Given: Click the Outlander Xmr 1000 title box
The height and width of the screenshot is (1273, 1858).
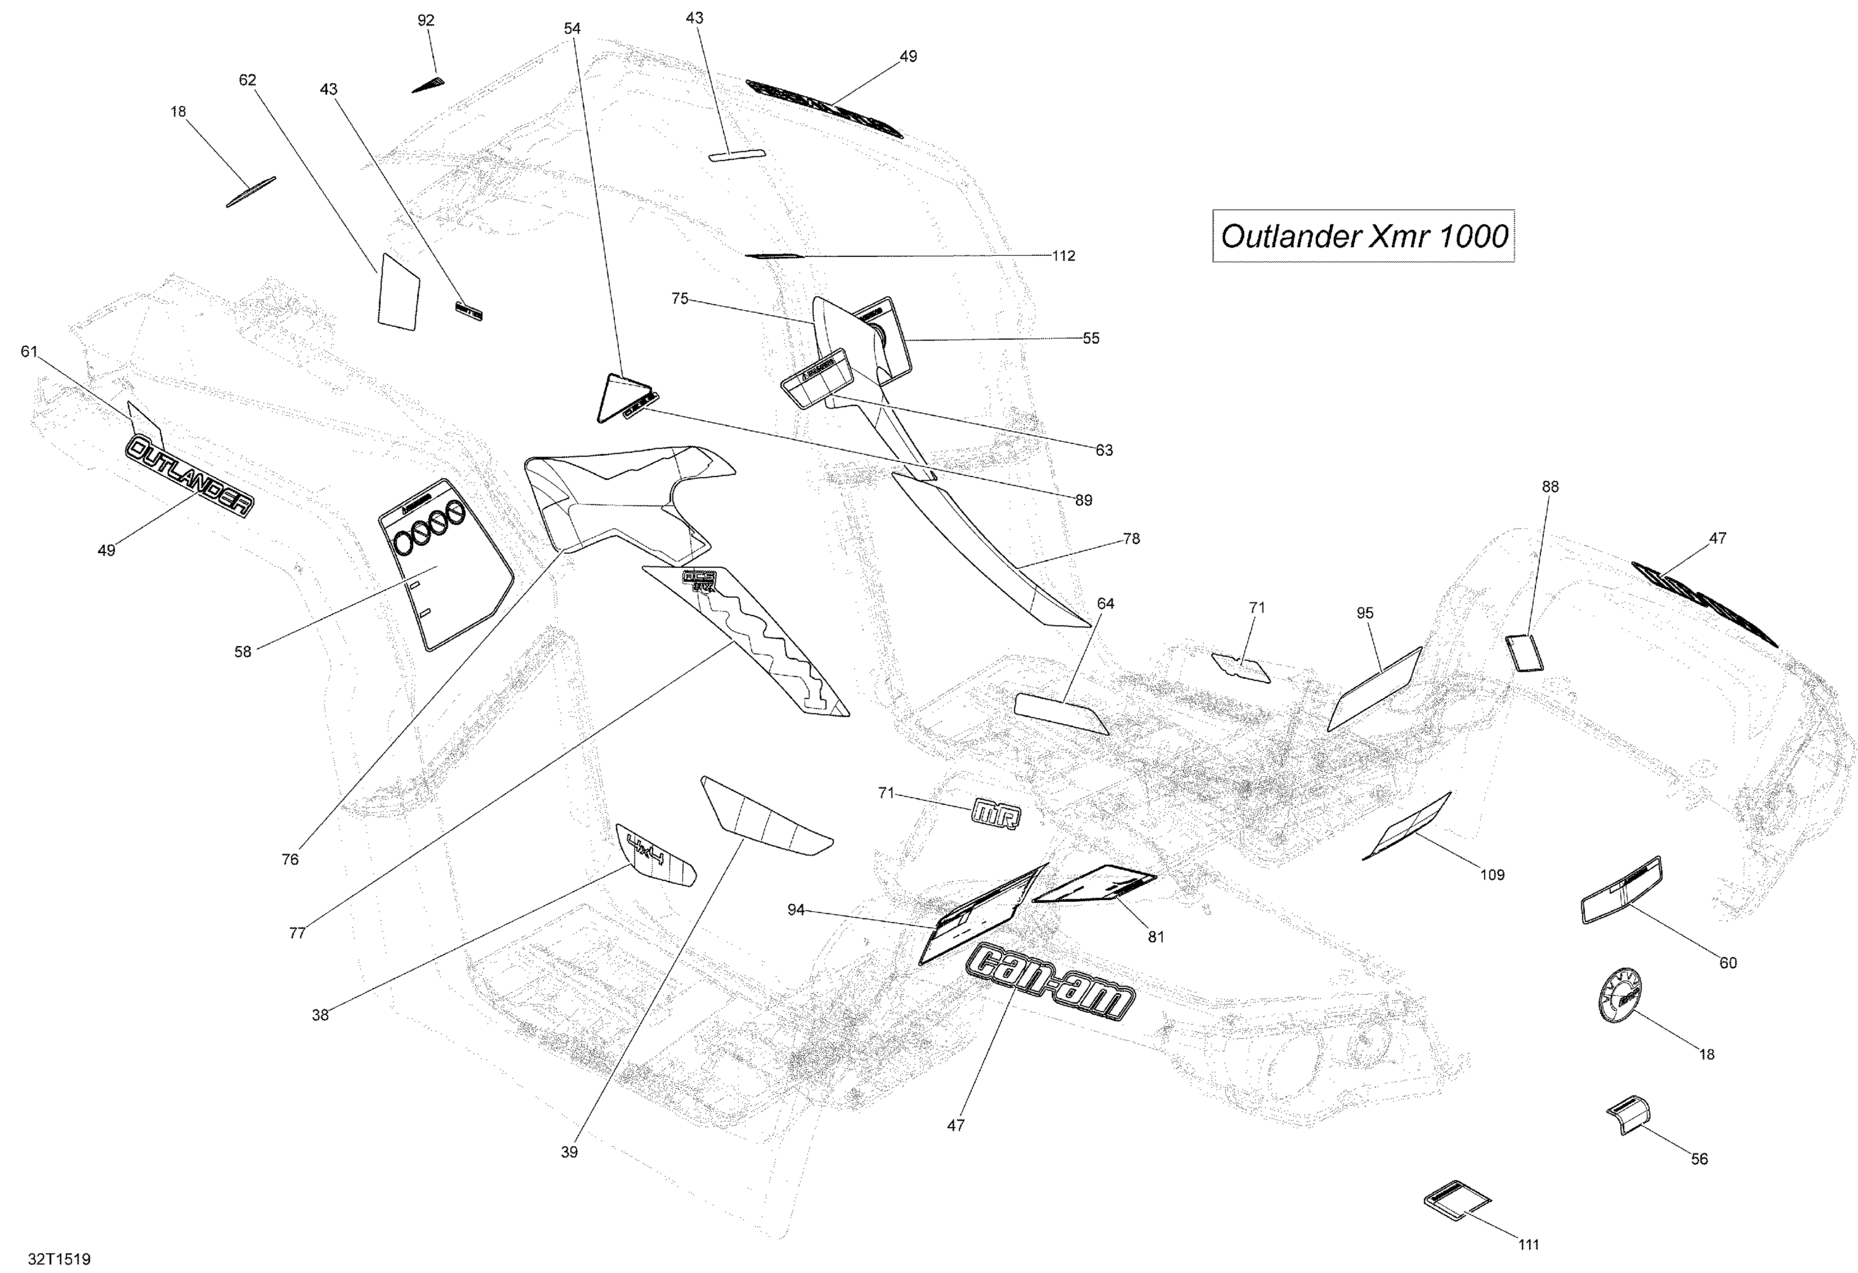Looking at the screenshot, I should coord(1363,236).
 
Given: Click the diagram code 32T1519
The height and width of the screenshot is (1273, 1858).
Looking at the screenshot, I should coord(59,1259).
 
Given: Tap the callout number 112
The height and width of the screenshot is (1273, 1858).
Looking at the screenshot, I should coord(1063,256).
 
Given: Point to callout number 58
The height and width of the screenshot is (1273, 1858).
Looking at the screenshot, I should coord(242,652).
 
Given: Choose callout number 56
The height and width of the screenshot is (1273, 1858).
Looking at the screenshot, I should coord(1699,1158).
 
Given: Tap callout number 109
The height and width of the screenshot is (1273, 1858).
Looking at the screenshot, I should coord(1492,875).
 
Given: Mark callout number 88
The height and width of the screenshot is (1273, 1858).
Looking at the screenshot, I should coord(1550,486).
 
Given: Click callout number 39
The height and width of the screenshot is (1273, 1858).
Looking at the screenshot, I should coord(569,1152).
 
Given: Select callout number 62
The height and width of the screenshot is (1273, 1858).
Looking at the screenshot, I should coord(248,80).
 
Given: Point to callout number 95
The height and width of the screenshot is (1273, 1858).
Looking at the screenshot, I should coord(1365,613).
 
